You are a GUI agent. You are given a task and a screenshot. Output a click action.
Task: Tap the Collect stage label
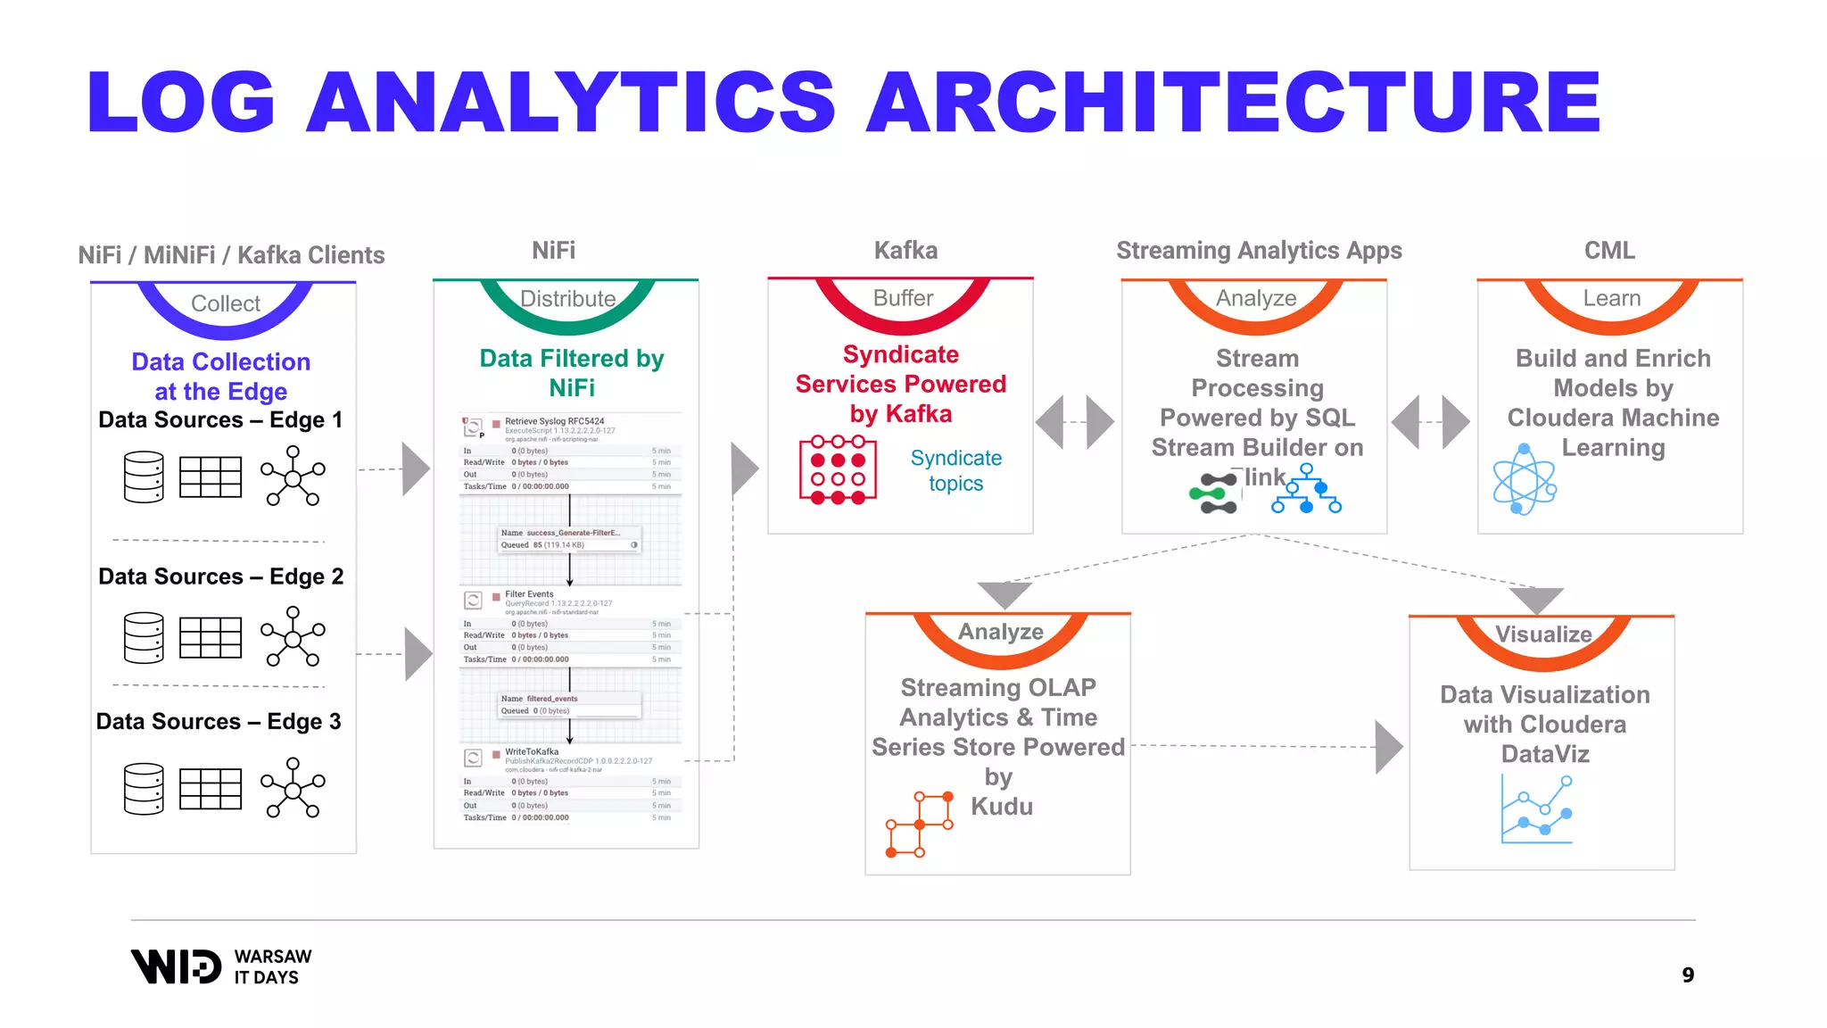[x=226, y=303]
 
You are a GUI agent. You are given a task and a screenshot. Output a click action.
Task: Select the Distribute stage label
[x=567, y=299]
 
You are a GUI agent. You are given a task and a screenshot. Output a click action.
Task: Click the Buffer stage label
[x=903, y=298]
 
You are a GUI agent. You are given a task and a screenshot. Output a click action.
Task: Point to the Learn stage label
[x=1611, y=298]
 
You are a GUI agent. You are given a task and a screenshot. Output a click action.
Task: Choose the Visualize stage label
[x=1543, y=634]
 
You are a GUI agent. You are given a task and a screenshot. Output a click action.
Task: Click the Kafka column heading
[x=905, y=251]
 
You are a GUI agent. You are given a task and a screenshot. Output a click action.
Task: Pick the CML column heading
[x=1609, y=251]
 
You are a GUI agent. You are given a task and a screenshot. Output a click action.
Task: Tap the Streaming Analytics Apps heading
[x=1259, y=251]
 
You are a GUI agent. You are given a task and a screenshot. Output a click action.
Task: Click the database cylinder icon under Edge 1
[x=144, y=477]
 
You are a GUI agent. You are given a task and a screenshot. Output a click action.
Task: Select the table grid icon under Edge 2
[x=211, y=637]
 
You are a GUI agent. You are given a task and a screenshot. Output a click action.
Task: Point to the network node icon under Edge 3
[x=293, y=787]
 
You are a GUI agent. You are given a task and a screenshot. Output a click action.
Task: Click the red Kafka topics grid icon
[x=838, y=470]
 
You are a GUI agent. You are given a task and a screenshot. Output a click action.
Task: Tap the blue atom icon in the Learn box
[x=1525, y=480]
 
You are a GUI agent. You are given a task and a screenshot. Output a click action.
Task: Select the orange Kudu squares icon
[x=919, y=824]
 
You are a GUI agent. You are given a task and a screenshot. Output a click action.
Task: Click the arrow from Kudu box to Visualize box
[x=1387, y=747]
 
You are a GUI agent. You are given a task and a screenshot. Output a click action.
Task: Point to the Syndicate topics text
[x=955, y=470]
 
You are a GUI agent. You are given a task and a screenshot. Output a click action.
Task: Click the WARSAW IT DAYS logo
[x=221, y=966]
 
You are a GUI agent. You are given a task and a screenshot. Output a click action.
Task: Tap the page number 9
[x=1688, y=975]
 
